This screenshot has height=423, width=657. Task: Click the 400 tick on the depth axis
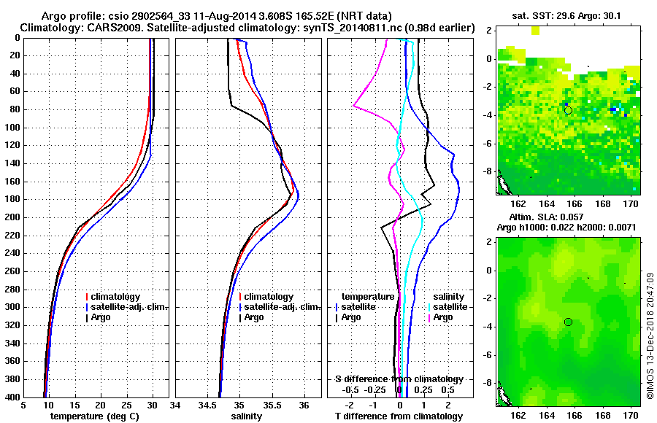coord(13,397)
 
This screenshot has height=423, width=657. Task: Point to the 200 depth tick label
coord(13,217)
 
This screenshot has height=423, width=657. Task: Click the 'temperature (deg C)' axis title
coord(96,416)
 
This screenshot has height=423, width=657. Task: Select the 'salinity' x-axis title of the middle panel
coord(248,416)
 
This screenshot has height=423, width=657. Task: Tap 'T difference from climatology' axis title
coord(399,416)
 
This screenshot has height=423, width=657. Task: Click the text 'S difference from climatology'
coord(399,379)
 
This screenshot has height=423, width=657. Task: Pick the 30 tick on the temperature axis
coord(153,405)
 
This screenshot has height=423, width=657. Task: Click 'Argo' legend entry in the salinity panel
coord(254,317)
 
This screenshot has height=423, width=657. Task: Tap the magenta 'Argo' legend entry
coord(444,317)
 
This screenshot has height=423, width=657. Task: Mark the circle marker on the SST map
coord(568,110)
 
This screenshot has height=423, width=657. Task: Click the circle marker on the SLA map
coord(568,322)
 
